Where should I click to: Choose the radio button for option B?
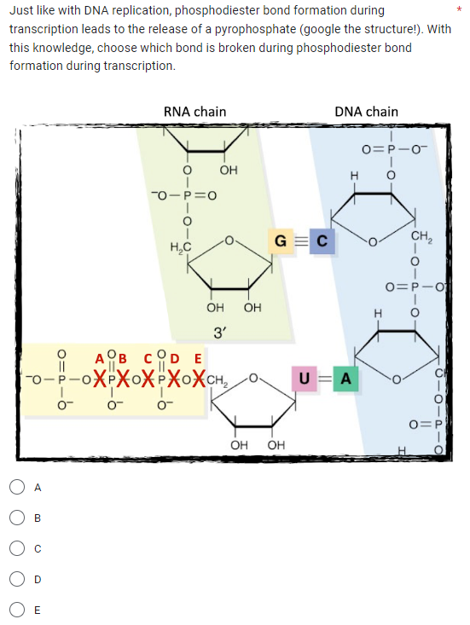coord(18,518)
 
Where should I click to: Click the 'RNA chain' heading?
coord(194,112)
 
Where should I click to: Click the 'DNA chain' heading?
coord(366,112)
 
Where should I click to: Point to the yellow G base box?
coord(280,240)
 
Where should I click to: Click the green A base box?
coord(346,377)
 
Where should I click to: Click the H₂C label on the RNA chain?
coord(181,247)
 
